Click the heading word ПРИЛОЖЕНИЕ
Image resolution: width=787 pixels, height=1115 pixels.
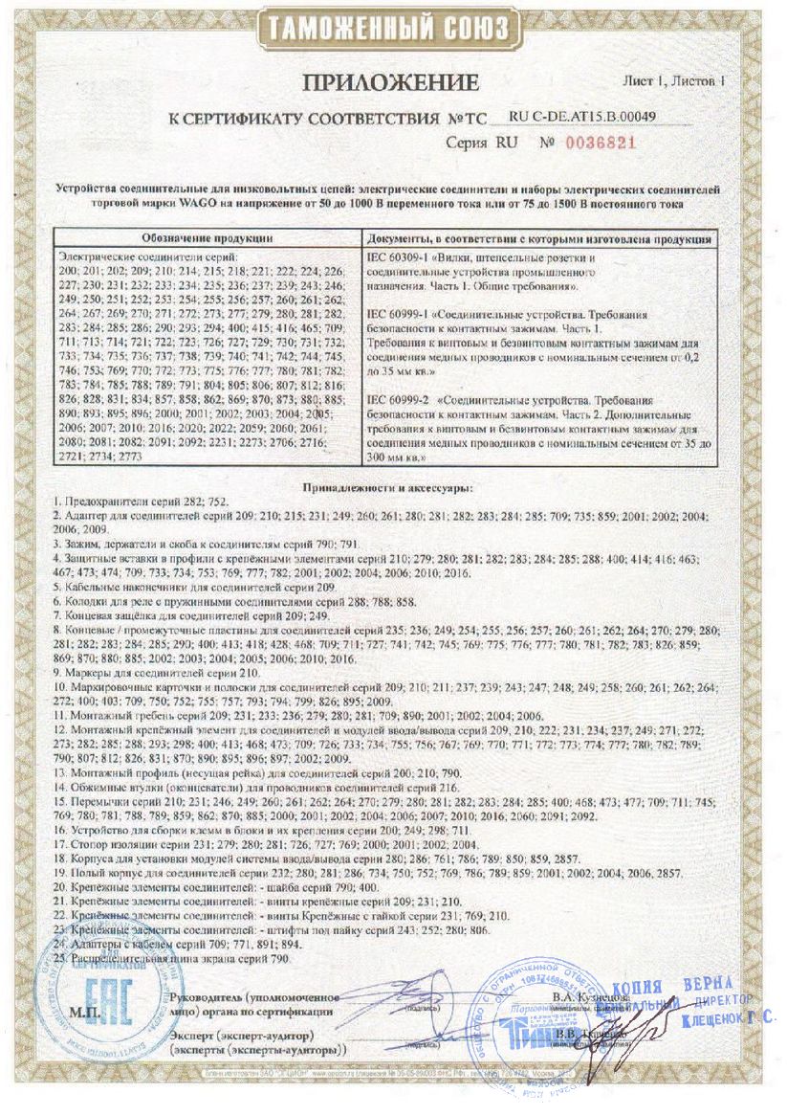point(394,83)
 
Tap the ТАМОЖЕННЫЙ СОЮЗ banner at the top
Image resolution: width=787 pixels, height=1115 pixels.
point(393,27)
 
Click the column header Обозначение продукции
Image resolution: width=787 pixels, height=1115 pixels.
point(207,236)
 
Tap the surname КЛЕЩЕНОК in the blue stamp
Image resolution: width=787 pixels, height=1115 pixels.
point(713,1021)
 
